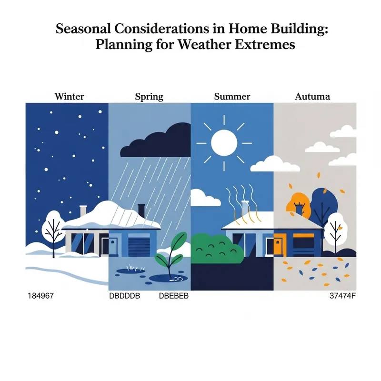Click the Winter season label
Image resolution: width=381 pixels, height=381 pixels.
click(x=70, y=97)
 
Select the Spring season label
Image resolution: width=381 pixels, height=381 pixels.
click(x=149, y=97)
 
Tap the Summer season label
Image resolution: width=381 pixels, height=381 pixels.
click(x=232, y=97)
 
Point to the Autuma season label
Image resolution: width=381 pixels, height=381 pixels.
click(x=312, y=97)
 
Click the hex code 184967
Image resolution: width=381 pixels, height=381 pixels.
click(x=41, y=296)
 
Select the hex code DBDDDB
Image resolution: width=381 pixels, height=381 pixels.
click(x=125, y=296)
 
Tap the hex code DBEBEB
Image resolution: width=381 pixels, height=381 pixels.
click(x=174, y=296)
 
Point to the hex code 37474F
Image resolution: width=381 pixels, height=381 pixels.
click(x=342, y=296)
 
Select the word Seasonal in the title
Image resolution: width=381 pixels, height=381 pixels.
click(x=85, y=29)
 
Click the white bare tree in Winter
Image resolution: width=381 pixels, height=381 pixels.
click(x=52, y=230)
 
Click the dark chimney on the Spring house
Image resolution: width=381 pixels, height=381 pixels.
click(x=141, y=210)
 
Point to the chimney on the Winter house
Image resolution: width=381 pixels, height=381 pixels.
click(x=83, y=211)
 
